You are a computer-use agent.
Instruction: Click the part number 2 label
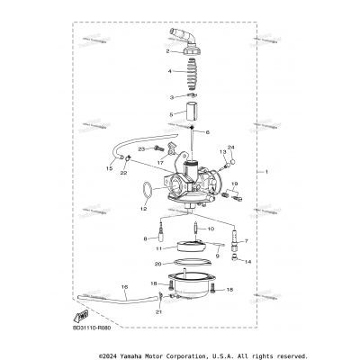click(154, 51)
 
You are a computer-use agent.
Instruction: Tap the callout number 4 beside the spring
click(154, 70)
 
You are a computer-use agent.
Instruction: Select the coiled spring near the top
click(192, 72)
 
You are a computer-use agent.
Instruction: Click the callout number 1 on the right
click(266, 171)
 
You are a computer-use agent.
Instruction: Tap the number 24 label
click(231, 147)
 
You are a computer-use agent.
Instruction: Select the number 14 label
click(248, 261)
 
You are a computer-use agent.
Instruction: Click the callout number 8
click(145, 238)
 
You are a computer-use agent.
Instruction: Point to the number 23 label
click(141, 148)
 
